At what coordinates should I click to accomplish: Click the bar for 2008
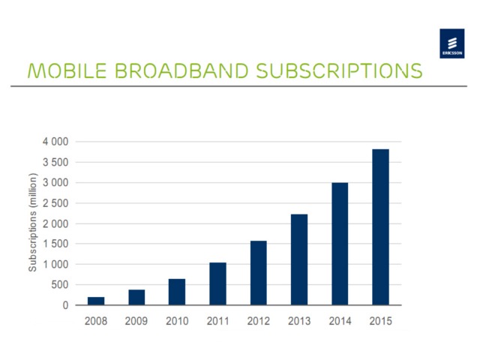[96, 301]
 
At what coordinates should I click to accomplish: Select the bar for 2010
[177, 292]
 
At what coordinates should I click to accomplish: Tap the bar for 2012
[257, 273]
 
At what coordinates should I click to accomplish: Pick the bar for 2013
[298, 259]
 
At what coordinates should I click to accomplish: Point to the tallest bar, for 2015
[379, 227]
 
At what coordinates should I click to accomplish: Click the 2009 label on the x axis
[136, 321]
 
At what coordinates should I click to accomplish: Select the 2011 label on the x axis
[217, 321]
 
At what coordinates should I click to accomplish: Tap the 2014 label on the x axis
[339, 321]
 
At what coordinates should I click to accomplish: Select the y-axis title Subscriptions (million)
[32, 223]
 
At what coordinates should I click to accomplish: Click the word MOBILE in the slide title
[51, 71]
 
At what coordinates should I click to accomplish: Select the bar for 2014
[339, 244]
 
